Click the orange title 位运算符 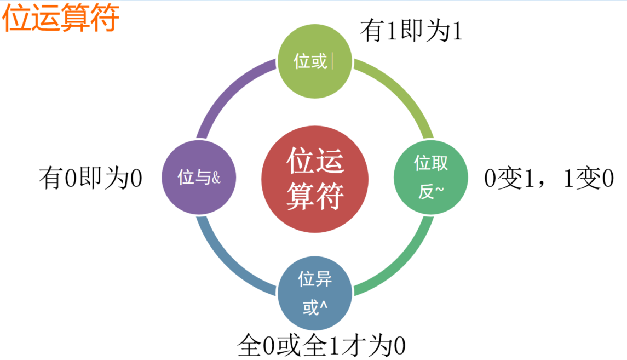[x=61, y=19]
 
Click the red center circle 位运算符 [x=314, y=178]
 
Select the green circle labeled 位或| [x=314, y=61]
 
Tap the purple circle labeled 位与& [x=199, y=178]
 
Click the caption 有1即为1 [x=411, y=32]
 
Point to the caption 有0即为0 [x=91, y=179]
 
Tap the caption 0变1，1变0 [x=549, y=179]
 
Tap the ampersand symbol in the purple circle [x=216, y=178]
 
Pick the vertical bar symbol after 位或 [x=332, y=61]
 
